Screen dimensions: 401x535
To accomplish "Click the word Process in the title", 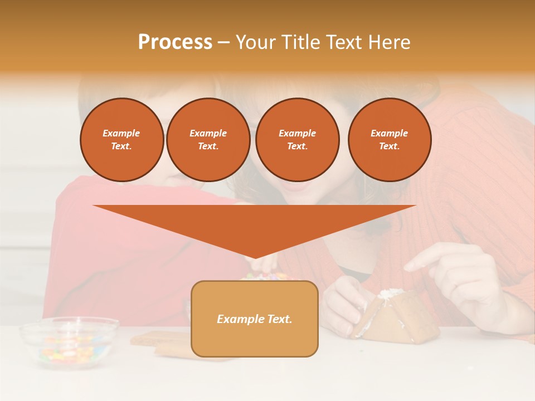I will point(175,42).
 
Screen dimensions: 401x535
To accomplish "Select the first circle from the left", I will point(122,140).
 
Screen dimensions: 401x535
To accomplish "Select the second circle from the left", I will point(208,140).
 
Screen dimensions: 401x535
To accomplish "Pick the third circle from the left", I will point(298,140).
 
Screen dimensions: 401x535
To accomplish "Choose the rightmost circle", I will point(390,140).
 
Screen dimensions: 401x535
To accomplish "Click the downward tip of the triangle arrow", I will point(255,257).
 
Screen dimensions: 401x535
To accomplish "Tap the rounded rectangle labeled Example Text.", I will point(255,319).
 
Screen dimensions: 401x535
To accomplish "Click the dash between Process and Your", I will point(223,43).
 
